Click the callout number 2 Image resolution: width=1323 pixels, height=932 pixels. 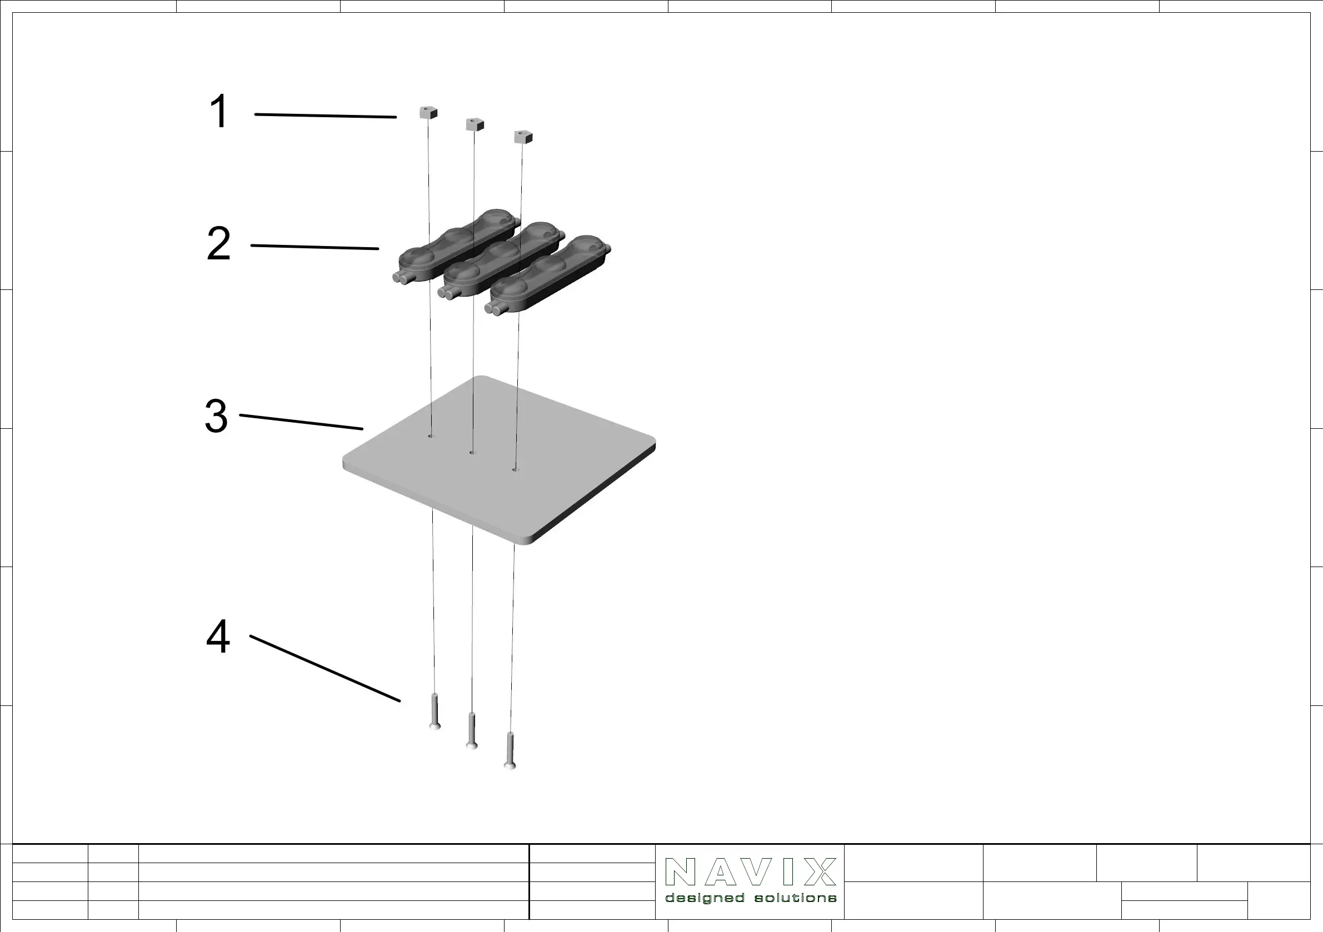(x=219, y=244)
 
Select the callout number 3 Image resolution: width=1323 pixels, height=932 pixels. (x=217, y=416)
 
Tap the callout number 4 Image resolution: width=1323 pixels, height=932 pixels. (x=218, y=637)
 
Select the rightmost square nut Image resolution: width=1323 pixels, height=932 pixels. (x=523, y=137)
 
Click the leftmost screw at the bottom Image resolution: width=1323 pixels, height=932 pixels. (x=435, y=712)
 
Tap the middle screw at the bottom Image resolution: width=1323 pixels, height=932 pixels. (x=472, y=731)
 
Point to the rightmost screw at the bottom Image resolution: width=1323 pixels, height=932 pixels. (x=510, y=750)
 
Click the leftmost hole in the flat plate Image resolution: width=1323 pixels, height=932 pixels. (x=431, y=437)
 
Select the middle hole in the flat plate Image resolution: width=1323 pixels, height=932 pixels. (x=472, y=453)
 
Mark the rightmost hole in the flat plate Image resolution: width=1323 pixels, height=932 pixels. (x=515, y=470)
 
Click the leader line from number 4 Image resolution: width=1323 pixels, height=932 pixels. (x=325, y=669)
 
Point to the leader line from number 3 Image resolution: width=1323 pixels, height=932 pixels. (x=301, y=422)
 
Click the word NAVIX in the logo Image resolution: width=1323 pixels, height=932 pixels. (x=750, y=872)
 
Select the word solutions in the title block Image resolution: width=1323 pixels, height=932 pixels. (x=795, y=898)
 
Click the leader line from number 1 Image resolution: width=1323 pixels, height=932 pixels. (x=326, y=116)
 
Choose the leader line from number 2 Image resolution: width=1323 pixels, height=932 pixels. (x=314, y=247)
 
